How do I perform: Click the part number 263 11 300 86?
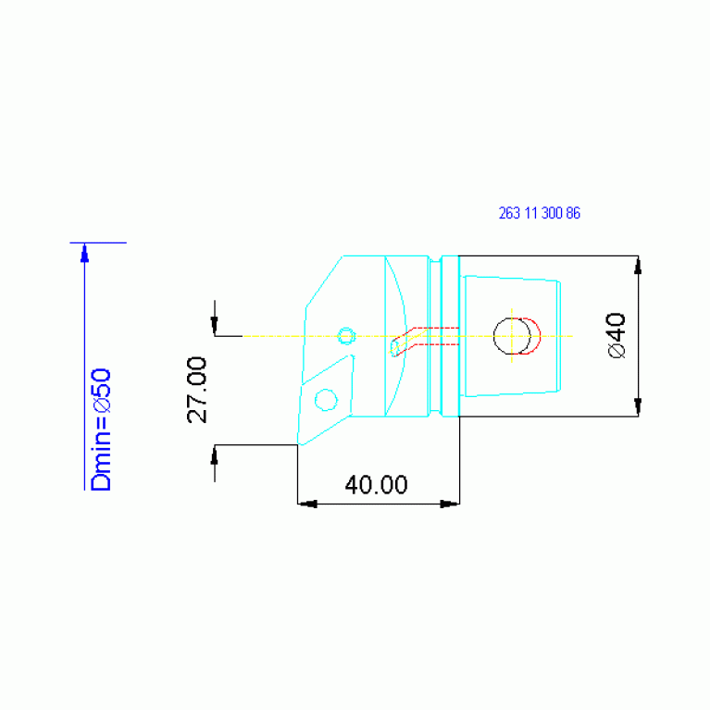tap(540, 213)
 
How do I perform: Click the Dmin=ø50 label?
tap(101, 430)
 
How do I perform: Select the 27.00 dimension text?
tap(196, 390)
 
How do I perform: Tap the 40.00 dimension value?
tap(376, 484)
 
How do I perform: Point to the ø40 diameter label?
tap(617, 335)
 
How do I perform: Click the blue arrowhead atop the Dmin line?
tap(84, 253)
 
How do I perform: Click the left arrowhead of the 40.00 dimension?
tap(307, 504)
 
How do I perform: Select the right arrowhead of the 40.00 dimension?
tap(450, 504)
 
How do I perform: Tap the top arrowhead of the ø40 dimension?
tap(638, 266)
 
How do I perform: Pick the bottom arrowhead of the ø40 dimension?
tap(638, 406)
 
